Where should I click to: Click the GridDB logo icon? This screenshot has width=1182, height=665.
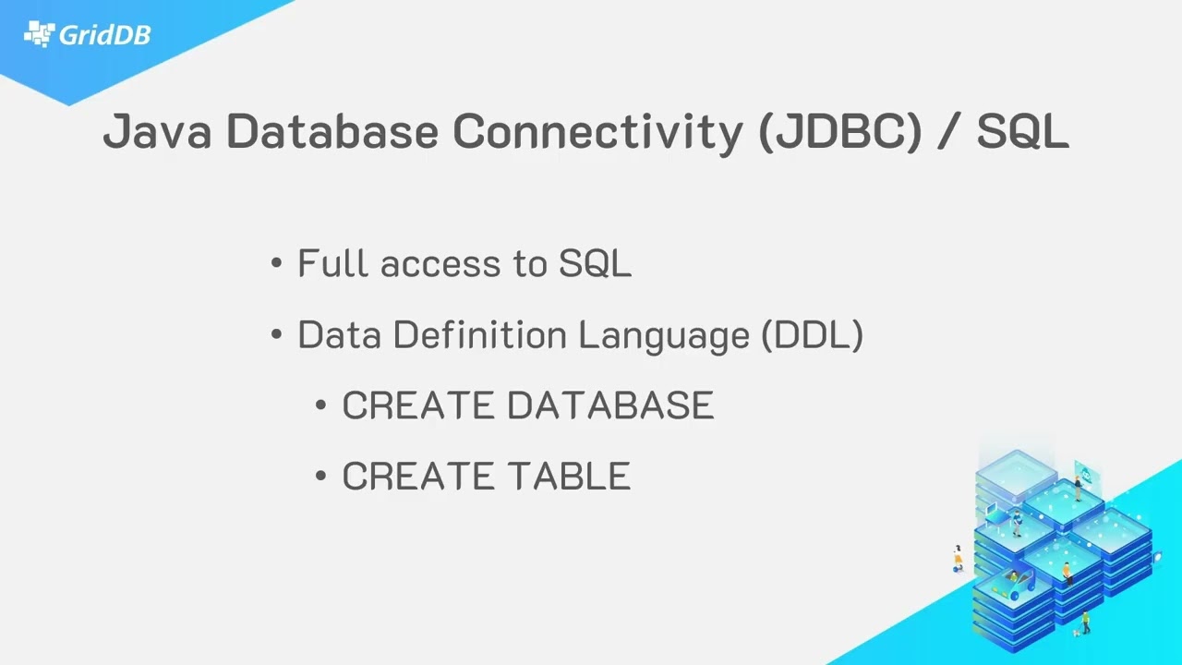(40, 34)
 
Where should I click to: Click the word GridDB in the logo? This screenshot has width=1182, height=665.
(105, 35)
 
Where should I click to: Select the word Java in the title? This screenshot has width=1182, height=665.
(157, 131)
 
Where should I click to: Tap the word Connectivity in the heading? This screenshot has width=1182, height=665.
(597, 132)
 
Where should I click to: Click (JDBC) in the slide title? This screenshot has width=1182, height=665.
(840, 132)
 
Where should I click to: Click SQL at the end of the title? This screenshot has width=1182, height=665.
(1022, 131)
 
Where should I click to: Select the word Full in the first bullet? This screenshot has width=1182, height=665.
(332, 262)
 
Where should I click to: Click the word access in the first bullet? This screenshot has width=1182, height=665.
(440, 264)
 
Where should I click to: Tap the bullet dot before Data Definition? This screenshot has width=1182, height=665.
(276, 334)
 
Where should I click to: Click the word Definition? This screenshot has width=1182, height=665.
(479, 334)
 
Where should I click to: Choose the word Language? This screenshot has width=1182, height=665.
(664, 336)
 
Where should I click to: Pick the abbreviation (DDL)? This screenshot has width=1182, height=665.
(813, 335)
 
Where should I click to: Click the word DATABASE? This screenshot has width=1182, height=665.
(610, 405)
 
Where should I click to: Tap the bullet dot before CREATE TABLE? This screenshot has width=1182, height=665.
(320, 476)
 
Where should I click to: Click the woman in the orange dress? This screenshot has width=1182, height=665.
(958, 558)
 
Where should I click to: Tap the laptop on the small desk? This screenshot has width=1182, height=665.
(992, 509)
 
